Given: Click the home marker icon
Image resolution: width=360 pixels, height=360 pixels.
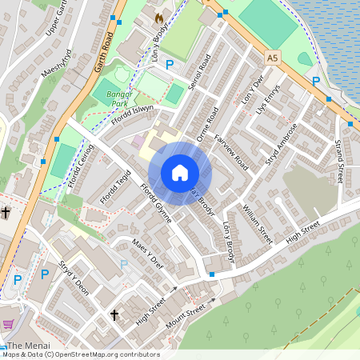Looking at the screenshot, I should click(180, 173).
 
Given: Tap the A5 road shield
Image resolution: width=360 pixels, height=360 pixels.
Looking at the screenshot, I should click(274, 58).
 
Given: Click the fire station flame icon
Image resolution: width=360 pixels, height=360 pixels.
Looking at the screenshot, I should click(158, 17).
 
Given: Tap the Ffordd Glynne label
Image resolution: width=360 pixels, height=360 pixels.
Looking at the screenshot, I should click(156, 206).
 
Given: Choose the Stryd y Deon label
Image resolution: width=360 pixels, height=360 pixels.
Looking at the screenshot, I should click(72, 276).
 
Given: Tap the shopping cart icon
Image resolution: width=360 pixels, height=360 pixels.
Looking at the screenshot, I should click(8, 324).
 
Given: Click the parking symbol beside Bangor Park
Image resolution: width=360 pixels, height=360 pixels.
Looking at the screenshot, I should click(169, 63).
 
